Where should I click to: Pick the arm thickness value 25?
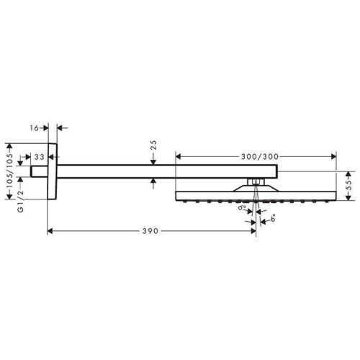(154, 149)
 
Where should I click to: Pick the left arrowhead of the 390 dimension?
(50, 231)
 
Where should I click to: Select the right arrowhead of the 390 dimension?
(253, 231)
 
